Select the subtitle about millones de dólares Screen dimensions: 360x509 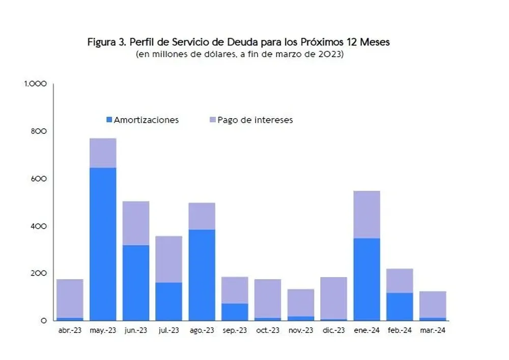point(239,54)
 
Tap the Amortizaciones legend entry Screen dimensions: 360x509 point(143,120)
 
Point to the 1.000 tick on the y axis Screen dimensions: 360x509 point(36,84)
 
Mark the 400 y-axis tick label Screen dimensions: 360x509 point(40,226)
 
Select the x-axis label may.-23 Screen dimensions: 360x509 point(103,330)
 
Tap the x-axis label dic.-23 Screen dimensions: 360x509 point(334,330)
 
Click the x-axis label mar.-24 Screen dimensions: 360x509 point(433,330)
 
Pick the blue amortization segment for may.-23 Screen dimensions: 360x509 point(103,244)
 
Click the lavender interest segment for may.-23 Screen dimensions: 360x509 point(103,153)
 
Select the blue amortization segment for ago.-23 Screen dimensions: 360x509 point(202,275)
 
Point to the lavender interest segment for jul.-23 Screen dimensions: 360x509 point(169,259)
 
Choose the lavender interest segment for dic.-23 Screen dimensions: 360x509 point(334,298)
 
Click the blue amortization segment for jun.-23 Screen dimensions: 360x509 point(136,283)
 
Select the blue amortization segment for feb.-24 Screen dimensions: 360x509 point(400,307)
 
